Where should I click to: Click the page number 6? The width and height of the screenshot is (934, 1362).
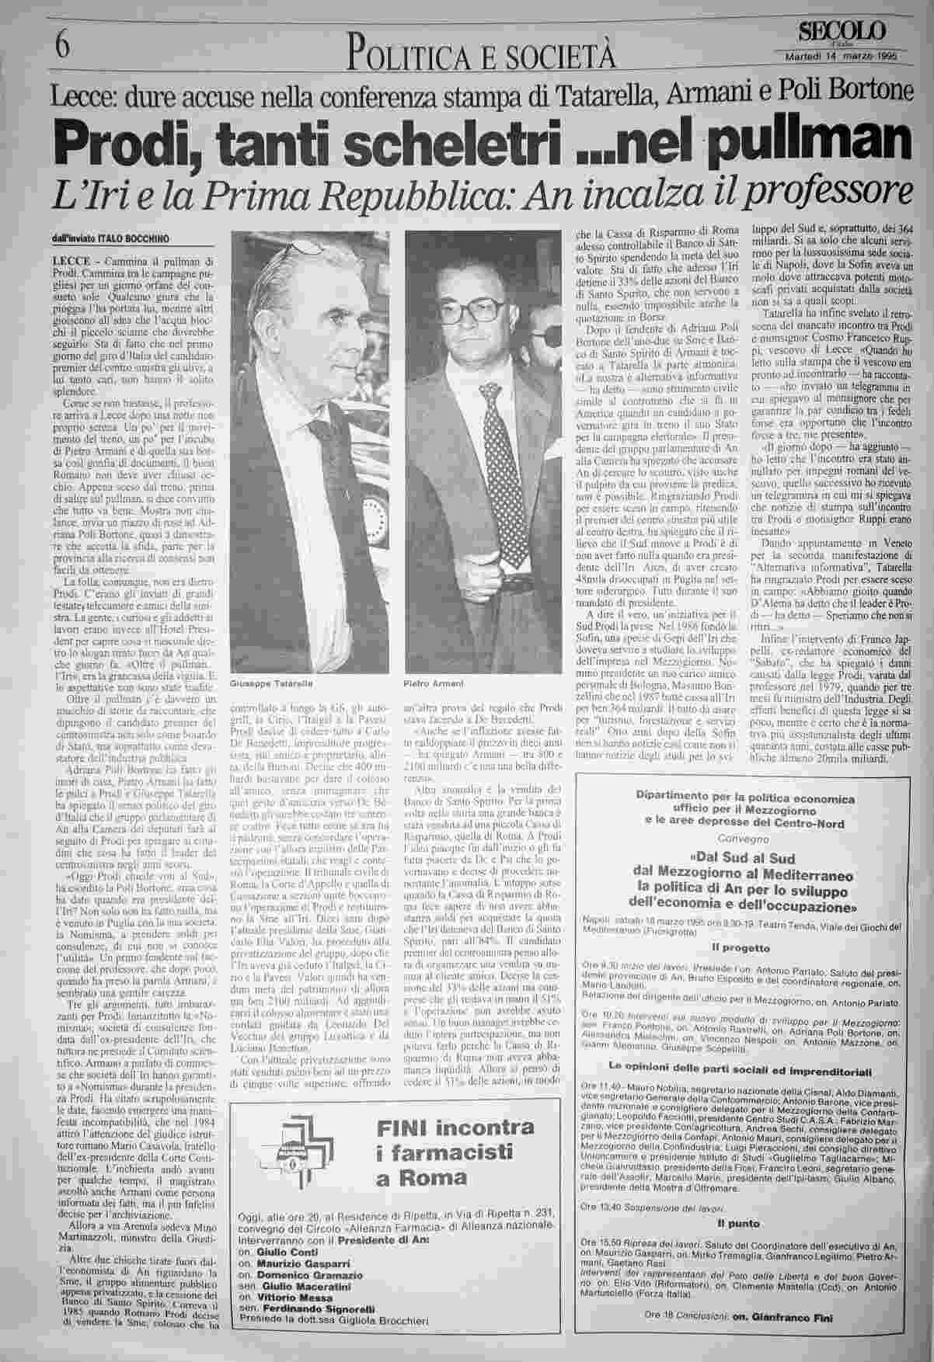(62, 46)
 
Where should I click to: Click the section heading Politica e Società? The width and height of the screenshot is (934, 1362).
(483, 54)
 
